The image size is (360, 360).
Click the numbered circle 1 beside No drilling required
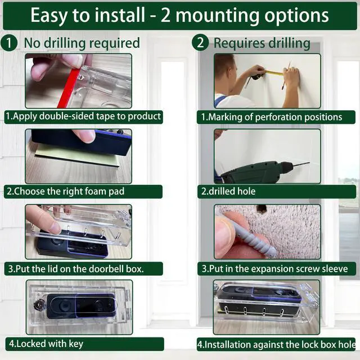click(9, 43)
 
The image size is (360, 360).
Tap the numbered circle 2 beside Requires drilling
click(200, 43)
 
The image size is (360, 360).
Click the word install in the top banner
click(120, 15)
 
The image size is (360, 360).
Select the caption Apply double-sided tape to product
click(83, 116)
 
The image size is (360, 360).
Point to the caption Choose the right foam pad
click(65, 191)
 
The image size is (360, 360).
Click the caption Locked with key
click(46, 344)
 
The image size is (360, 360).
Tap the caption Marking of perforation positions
click(272, 117)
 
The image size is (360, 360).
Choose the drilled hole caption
click(228, 191)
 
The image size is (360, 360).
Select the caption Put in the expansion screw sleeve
click(275, 269)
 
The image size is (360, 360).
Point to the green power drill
click(255, 172)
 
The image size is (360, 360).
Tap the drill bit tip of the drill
click(309, 163)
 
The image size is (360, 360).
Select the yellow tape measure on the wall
click(274, 73)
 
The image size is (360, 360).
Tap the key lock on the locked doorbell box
click(38, 305)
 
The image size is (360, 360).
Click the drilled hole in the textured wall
click(261, 208)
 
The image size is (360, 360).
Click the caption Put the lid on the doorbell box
click(76, 269)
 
